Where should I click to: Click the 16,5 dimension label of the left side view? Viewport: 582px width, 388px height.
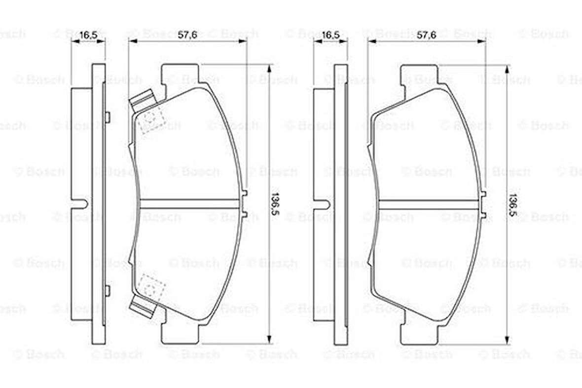(88, 35)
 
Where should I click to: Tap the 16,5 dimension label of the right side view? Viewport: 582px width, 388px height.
(330, 35)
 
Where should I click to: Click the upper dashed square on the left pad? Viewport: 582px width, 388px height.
(149, 120)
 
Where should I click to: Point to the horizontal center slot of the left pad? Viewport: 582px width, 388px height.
(190, 204)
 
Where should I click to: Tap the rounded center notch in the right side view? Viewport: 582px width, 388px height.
(324, 204)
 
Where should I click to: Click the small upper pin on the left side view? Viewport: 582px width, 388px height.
(107, 116)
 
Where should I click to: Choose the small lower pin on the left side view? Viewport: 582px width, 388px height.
(107, 290)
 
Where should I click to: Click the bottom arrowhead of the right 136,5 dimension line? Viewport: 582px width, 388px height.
(508, 340)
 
